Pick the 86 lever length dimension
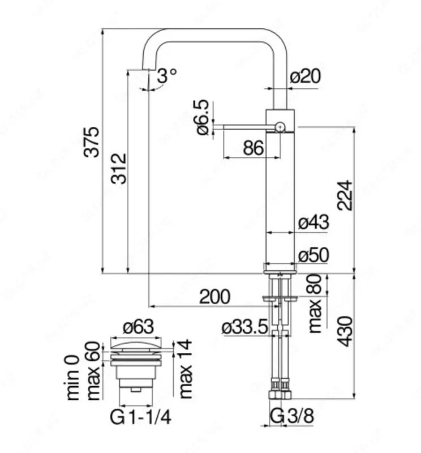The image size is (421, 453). point(253,148)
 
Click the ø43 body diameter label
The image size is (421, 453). point(313,223)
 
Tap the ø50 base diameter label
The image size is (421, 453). point(313,256)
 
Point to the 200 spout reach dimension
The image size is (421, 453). point(215,296)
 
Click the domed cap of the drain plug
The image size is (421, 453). point(138,343)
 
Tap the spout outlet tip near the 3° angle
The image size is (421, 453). point(148,71)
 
